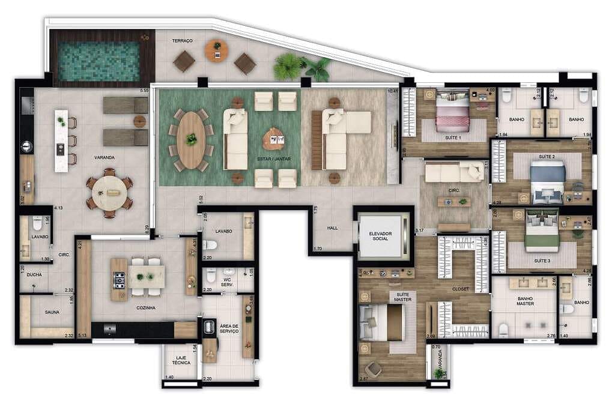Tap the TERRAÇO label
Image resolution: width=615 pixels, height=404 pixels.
182,41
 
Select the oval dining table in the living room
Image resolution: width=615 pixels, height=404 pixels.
191,139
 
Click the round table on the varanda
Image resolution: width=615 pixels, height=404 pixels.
109,193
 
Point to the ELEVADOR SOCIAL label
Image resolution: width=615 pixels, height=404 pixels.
383,235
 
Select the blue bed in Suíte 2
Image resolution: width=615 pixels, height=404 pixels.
548,179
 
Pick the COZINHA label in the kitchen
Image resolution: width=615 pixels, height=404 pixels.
145,307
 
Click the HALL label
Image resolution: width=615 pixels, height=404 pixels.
333,228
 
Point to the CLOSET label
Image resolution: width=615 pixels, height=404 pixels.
461,289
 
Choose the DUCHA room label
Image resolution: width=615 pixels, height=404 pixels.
34,274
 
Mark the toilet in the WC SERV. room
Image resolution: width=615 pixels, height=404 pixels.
210,276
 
